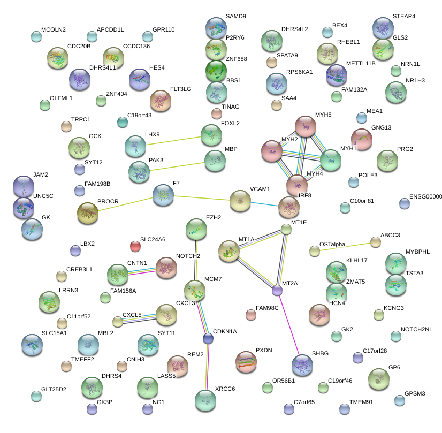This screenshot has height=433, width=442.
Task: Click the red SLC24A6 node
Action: (135, 246)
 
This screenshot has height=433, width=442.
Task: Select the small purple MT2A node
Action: (277, 291)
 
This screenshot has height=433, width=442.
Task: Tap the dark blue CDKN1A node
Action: (208, 338)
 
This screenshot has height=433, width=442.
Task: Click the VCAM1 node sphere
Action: (240, 201)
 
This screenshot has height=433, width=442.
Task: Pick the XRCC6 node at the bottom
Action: (205, 399)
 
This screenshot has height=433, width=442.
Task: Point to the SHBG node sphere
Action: (302, 364)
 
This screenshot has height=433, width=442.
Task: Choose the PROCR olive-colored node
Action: (88, 213)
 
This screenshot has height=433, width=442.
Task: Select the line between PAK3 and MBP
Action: (177, 165)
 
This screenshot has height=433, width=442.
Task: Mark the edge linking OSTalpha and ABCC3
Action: (345, 247)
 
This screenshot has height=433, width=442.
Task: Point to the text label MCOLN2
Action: (53, 29)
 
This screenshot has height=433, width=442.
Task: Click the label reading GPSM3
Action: (414, 393)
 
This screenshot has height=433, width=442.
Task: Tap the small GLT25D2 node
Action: (36, 396)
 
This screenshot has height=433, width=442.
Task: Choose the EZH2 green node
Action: (196, 229)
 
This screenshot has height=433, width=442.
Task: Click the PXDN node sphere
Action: (246, 362)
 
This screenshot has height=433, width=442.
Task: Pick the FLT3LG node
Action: (160, 100)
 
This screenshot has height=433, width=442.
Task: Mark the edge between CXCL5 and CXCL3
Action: (140, 319)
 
